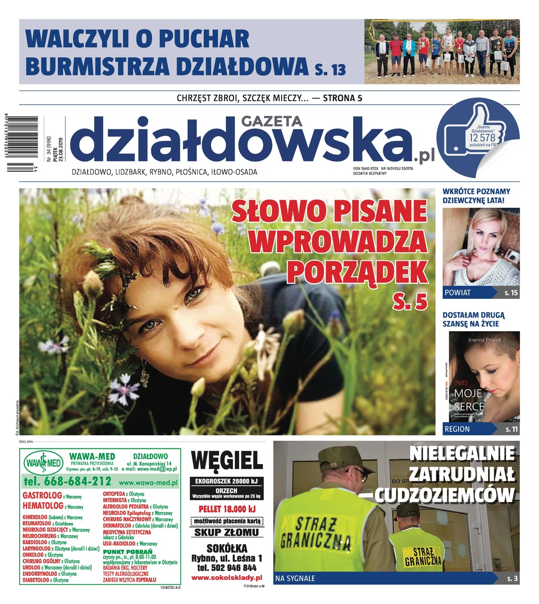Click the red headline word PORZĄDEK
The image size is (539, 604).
coord(357,272)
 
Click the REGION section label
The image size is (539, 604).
coord(457,429)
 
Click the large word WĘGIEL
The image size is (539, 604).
coord(227,460)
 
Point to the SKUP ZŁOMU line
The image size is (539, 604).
coord(226,533)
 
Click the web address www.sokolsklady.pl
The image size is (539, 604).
coord(227,578)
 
